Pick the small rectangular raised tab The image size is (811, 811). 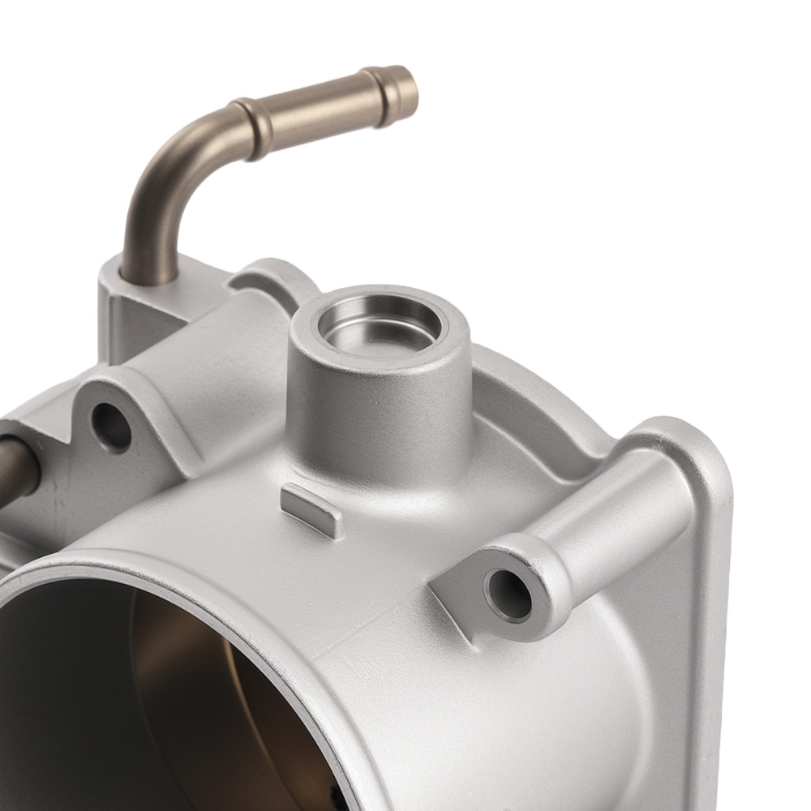(312, 508)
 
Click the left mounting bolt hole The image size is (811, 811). (111, 426)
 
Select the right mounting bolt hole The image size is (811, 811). (508, 596)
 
